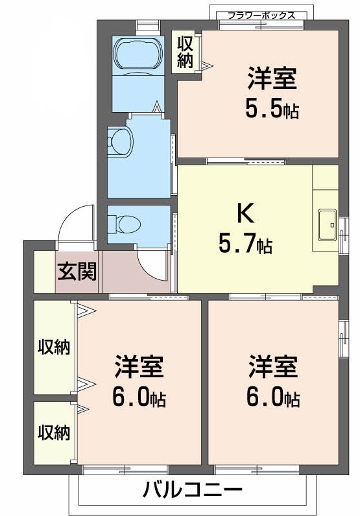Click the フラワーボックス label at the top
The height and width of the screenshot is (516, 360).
pyautogui.click(x=261, y=14)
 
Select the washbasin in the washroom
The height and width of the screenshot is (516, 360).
pyautogui.click(x=119, y=139)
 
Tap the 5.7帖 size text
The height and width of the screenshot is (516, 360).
pyautogui.click(x=245, y=244)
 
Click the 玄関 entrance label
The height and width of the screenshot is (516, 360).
pyautogui.click(x=77, y=271)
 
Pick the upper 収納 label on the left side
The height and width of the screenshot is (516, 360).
pyautogui.click(x=53, y=347)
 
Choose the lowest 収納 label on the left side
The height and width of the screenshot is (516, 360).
pyautogui.click(x=53, y=432)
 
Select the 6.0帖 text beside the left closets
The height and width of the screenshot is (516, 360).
pyautogui.click(x=139, y=397)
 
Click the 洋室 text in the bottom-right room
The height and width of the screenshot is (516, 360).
pyautogui.click(x=273, y=367)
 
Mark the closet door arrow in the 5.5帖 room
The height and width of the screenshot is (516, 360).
pyautogui.click(x=206, y=65)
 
